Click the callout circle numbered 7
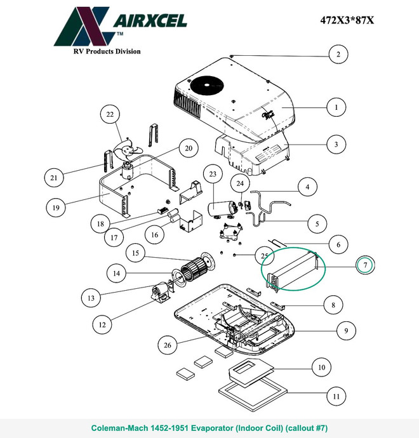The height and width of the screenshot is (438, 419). (366, 265)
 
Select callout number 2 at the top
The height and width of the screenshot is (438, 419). (338, 54)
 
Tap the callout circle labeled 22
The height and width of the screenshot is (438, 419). (110, 114)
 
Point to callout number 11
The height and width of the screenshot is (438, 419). (336, 396)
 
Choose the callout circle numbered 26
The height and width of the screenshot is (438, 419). (168, 345)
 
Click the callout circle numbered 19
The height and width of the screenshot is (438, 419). (56, 208)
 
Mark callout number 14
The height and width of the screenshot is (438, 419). (116, 273)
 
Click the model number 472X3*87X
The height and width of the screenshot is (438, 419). (347, 20)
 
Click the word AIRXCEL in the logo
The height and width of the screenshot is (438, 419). (150, 21)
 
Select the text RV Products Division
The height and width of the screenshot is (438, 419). (107, 51)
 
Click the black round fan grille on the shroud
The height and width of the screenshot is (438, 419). (207, 86)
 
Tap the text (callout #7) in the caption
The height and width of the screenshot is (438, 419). (306, 428)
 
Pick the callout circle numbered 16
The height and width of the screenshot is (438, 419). (154, 235)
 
